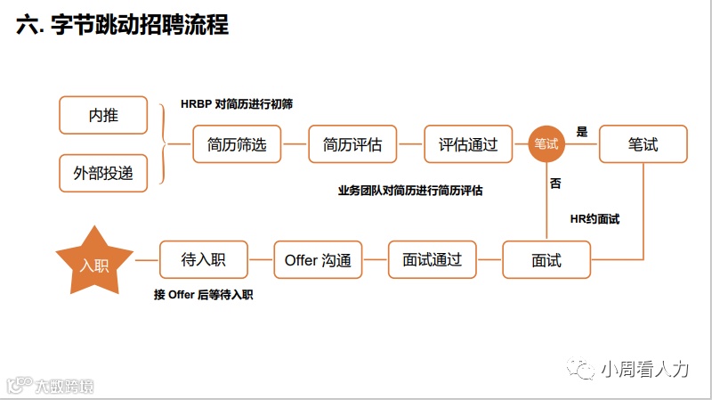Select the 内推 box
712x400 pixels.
[103, 115]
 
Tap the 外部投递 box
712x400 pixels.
[103, 173]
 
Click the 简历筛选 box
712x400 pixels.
[237, 144]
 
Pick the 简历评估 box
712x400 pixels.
[352, 144]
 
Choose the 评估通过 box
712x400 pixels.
[468, 144]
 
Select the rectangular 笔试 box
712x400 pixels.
[643, 143]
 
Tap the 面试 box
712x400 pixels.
[546, 260]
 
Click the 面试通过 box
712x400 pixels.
[432, 260]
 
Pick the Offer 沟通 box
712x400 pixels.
[318, 260]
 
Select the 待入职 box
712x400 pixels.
[203, 260]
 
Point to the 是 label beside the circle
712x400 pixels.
[582, 132]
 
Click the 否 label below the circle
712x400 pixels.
[555, 184]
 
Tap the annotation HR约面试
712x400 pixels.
[595, 218]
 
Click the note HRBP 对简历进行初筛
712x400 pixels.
[238, 104]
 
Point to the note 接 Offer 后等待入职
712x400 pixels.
[204, 295]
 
